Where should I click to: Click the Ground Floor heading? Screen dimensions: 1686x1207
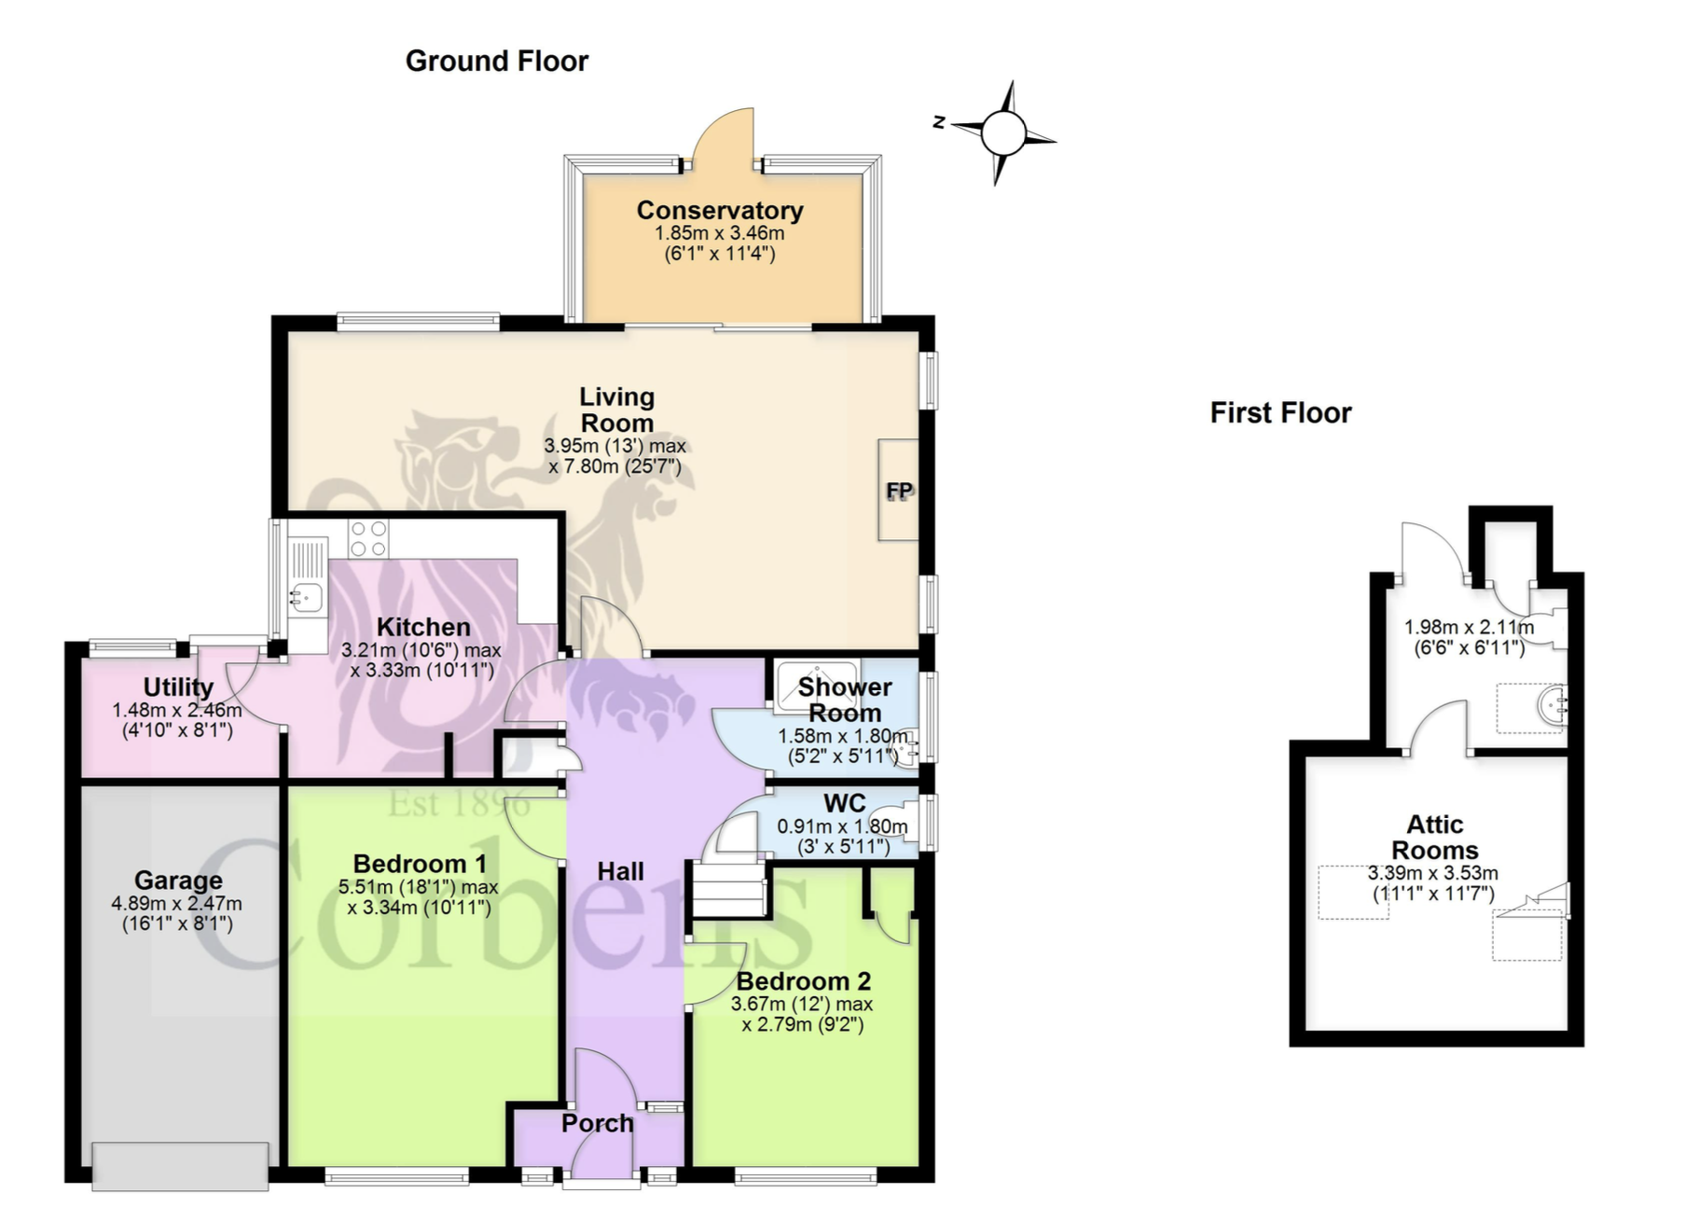[497, 62]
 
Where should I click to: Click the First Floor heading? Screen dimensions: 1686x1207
[1280, 413]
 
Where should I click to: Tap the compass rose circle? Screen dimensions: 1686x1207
[1002, 132]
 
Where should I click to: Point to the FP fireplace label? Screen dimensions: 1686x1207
[899, 491]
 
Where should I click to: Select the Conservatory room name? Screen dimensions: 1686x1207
[720, 211]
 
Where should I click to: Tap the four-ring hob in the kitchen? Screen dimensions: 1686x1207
[367, 538]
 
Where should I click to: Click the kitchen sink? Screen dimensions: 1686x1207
[306, 594]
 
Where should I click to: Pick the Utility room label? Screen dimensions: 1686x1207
[178, 688]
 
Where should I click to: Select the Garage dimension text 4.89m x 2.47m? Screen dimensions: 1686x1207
[176, 903]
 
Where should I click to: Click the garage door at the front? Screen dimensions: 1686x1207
[181, 1166]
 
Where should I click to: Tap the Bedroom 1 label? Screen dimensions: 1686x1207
[419, 864]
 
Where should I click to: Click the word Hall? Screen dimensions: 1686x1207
[620, 871]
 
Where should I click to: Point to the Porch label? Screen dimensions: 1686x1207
[598, 1123]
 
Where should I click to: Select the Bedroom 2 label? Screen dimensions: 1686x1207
[803, 981]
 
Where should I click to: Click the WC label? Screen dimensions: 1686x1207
[844, 803]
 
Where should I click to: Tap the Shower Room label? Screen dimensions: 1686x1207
[845, 700]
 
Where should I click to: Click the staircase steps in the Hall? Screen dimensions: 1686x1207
[728, 889]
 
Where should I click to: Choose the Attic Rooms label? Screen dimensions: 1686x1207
[1435, 838]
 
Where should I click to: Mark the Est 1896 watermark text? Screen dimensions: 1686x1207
[459, 803]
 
